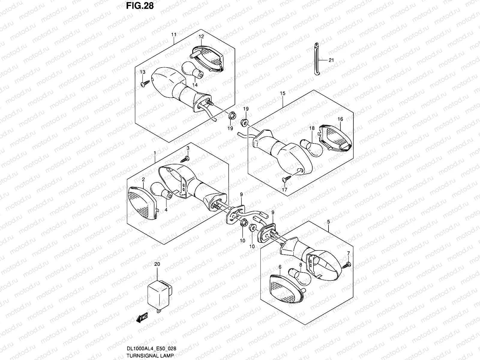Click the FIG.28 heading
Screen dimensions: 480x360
pyautogui.click(x=140, y=6)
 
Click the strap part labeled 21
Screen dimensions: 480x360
pyautogui.click(x=316, y=59)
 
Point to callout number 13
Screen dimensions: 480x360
pyautogui.click(x=142, y=72)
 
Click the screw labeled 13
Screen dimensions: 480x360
pyautogui.click(x=145, y=84)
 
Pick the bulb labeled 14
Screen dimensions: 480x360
pyautogui.click(x=193, y=70)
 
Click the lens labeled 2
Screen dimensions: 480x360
pyautogui.click(x=142, y=203)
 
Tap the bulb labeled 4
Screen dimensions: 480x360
pyautogui.click(x=161, y=190)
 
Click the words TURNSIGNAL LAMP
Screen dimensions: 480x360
pyautogui.click(x=150, y=355)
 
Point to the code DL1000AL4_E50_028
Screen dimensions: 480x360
pyautogui.click(x=151, y=348)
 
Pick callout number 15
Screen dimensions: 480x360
pyautogui.click(x=283, y=93)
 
